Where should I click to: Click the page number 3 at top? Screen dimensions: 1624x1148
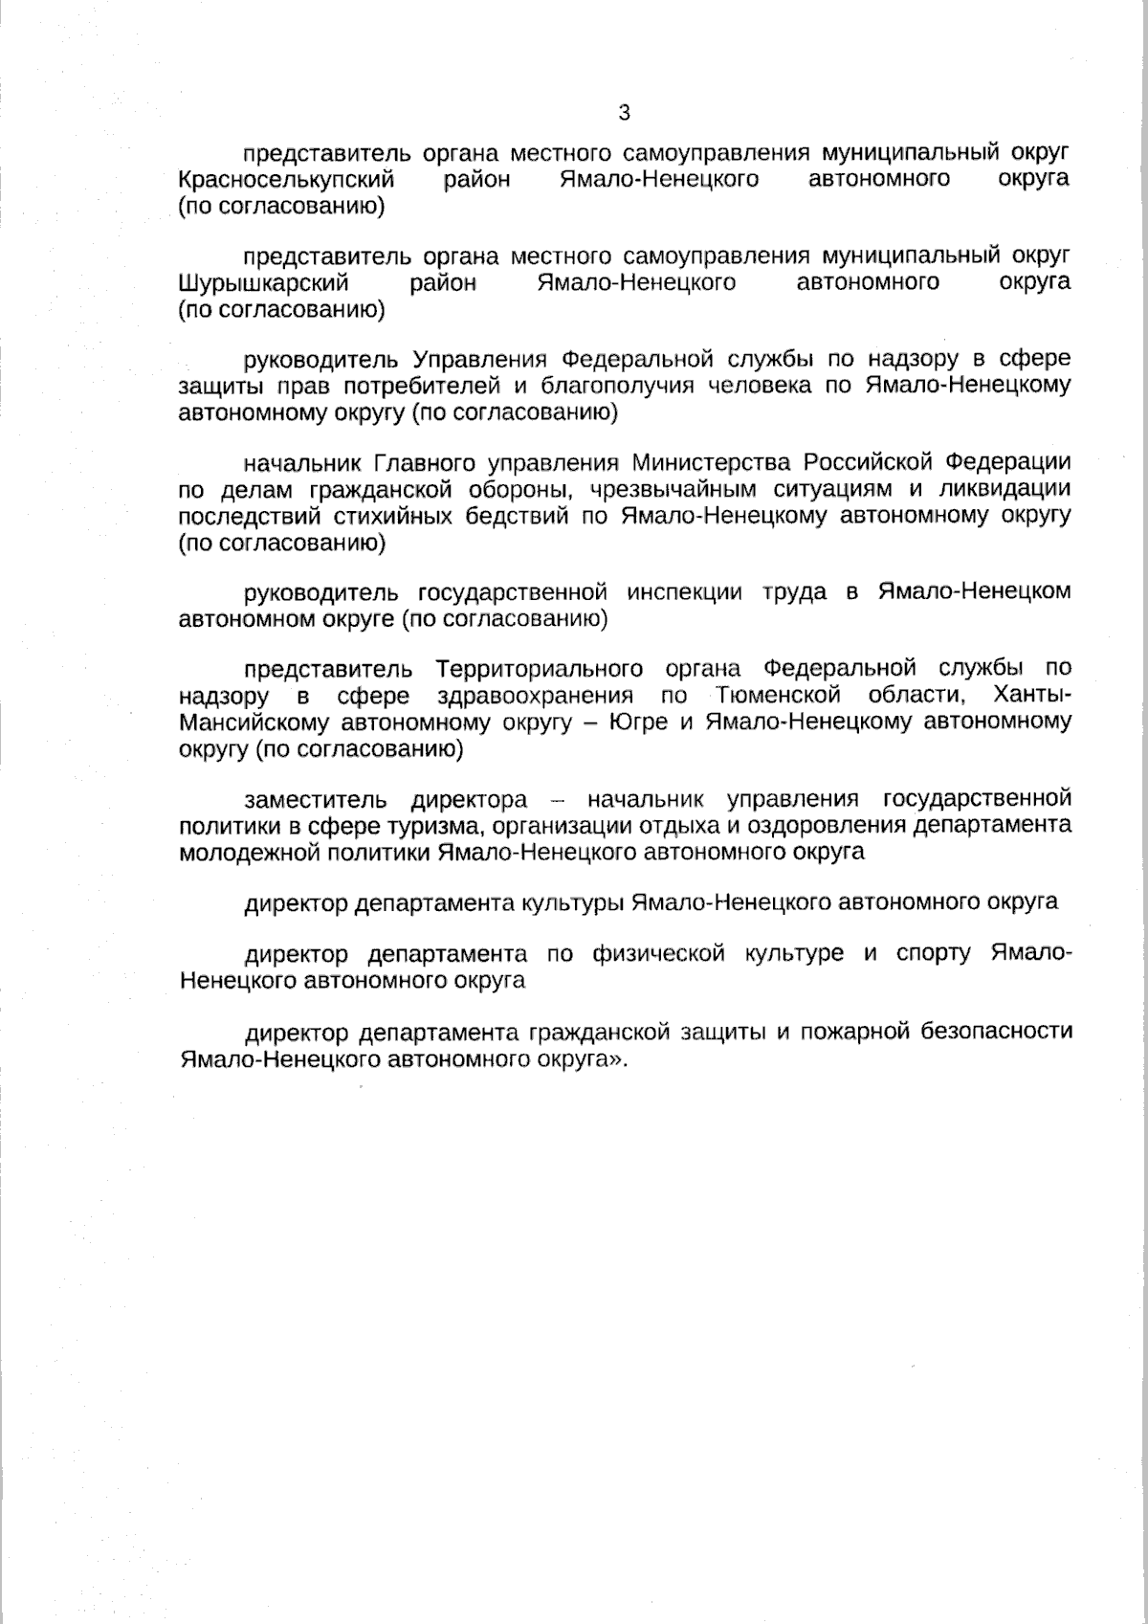coord(625,113)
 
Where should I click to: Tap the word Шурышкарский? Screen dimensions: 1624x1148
coord(263,282)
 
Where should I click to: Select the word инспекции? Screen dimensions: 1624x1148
coord(684,591)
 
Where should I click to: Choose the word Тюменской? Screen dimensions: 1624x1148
coord(777,695)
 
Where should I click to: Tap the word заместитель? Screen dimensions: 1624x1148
coord(316,799)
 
